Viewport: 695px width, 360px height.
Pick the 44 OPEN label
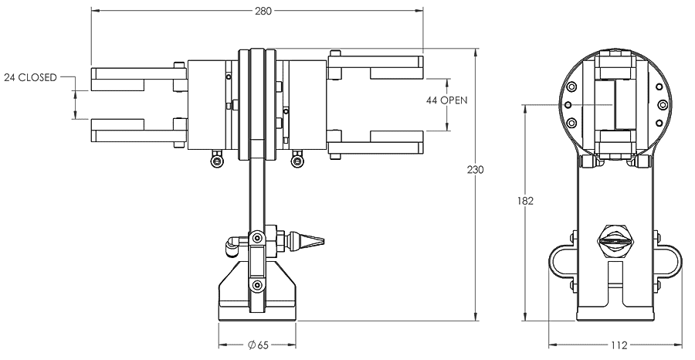[x=448, y=100]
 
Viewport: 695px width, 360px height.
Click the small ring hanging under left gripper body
[x=217, y=160]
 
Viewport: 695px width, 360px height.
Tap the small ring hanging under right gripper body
[x=295, y=160]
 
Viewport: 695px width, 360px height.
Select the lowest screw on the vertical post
[x=256, y=288]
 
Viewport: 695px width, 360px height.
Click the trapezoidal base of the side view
[x=256, y=297]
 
